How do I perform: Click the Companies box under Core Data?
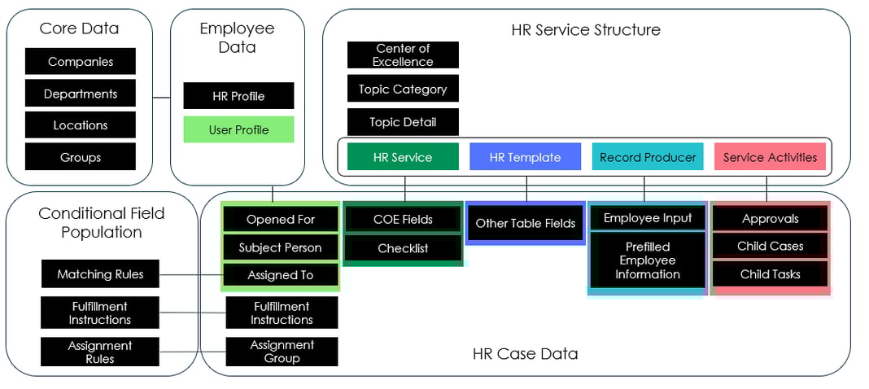coord(81,62)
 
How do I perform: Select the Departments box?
coord(81,94)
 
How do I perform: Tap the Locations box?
coord(81,125)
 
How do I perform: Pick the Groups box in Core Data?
coord(81,157)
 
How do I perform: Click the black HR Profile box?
coord(238,96)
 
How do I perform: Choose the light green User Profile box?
coord(238,130)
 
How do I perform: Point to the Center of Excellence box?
coord(403,55)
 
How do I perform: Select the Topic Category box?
coord(403,90)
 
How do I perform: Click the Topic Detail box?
coord(403,122)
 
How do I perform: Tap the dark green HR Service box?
coord(403,157)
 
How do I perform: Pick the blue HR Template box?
coord(525,157)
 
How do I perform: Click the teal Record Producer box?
coord(648,157)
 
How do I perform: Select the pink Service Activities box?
coord(770,157)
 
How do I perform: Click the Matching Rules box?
coord(100,274)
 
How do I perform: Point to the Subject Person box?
coord(280,247)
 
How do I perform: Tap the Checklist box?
coord(403,248)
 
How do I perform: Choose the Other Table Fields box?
coord(525,223)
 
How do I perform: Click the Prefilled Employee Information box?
coord(648,260)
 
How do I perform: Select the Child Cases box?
coord(770,246)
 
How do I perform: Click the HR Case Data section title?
coord(525,354)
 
